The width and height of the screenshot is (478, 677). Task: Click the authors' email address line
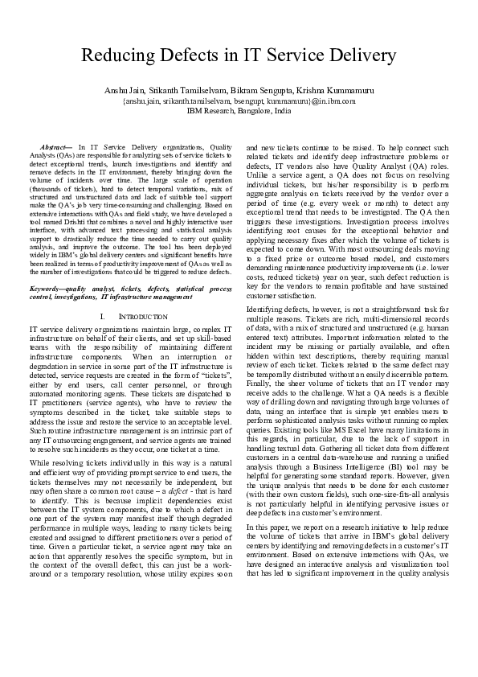tap(239, 102)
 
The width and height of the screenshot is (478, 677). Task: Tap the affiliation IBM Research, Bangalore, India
tap(239, 111)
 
